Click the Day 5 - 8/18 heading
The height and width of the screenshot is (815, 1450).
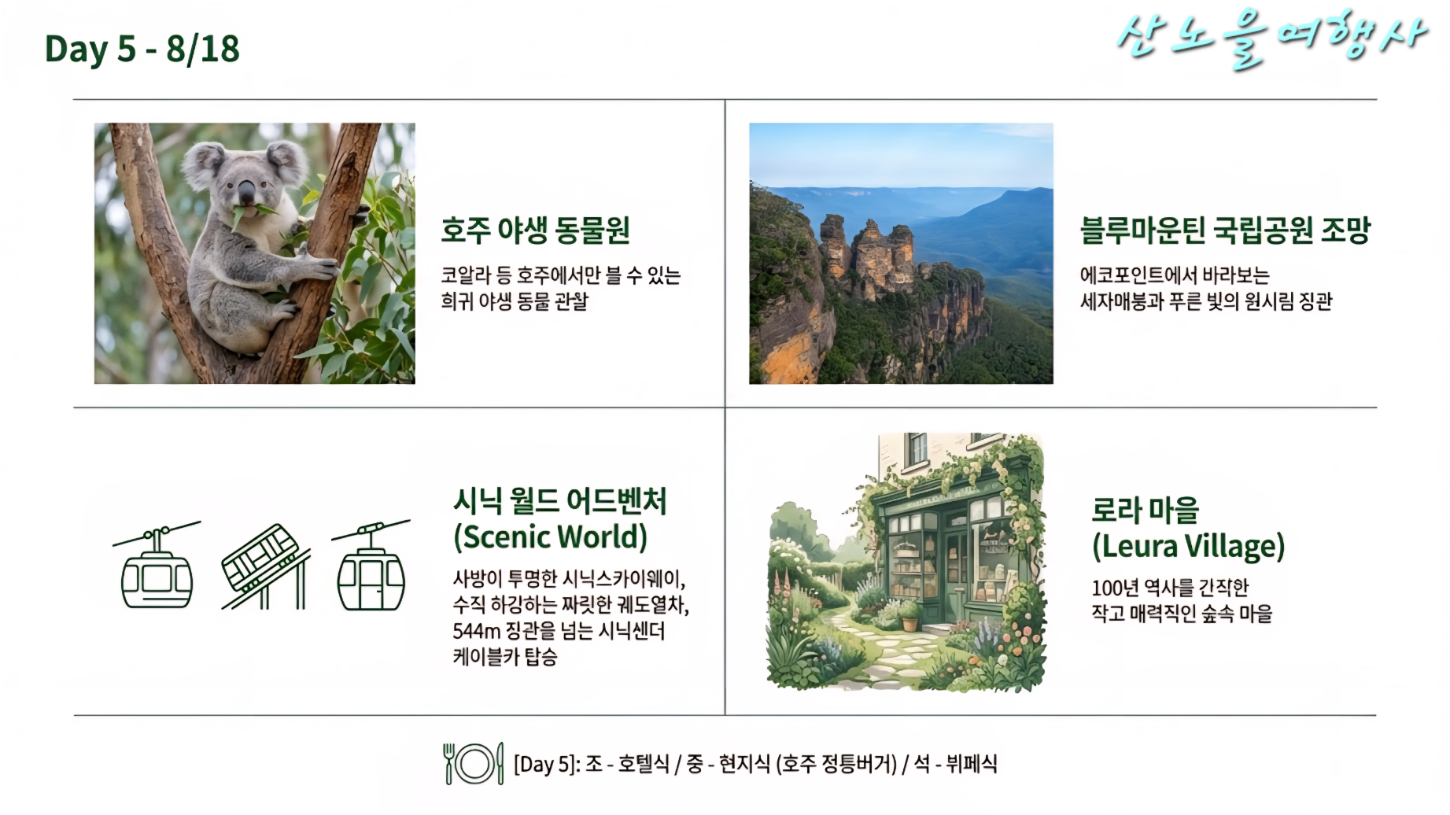click(x=142, y=49)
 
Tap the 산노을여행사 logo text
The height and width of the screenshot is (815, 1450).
click(x=1271, y=39)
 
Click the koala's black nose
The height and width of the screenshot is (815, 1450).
click(x=246, y=191)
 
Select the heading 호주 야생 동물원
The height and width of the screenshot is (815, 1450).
click(x=535, y=230)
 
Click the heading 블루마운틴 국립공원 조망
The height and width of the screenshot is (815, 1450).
click(x=1225, y=230)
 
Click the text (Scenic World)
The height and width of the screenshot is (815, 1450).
click(x=550, y=537)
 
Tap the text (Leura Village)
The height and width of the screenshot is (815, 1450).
click(x=1188, y=546)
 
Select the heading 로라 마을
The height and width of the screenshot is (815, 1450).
click(x=1145, y=510)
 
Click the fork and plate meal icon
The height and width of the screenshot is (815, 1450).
click(x=473, y=763)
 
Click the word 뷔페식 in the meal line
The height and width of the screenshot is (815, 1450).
click(x=972, y=764)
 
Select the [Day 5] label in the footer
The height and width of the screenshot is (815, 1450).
click(x=546, y=764)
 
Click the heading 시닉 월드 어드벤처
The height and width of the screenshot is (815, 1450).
click(x=559, y=501)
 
